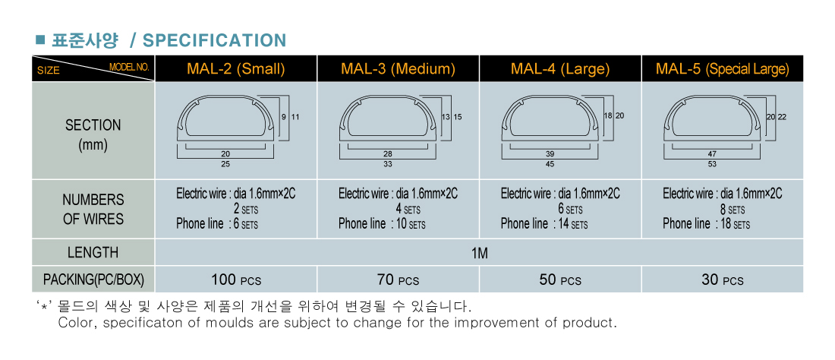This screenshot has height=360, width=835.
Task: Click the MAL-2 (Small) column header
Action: tap(236, 68)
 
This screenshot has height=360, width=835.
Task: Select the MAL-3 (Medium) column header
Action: tap(399, 68)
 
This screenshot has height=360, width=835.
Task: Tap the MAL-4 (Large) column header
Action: tap(560, 68)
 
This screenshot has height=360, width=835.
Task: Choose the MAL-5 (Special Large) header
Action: tap(723, 68)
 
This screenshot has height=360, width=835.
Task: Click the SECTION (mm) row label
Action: tap(93, 135)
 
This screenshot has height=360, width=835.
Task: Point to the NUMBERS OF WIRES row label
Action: tap(93, 210)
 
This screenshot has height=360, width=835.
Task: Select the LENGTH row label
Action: tap(93, 252)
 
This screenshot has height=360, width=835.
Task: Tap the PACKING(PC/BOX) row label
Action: tap(93, 279)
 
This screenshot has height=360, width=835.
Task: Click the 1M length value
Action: tap(479, 253)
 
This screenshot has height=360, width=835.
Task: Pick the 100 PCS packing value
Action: tap(236, 279)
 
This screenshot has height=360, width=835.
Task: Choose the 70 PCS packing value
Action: tap(399, 279)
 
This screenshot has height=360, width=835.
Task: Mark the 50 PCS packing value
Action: tap(560, 279)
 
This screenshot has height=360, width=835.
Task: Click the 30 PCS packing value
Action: tap(723, 279)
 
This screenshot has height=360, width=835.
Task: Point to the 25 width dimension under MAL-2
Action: tap(225, 164)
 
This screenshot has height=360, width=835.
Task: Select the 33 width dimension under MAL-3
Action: tap(388, 164)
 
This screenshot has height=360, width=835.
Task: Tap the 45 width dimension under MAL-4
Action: tap(550, 164)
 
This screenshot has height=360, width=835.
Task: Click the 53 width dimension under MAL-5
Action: tap(712, 164)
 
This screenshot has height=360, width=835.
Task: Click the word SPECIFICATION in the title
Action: tap(215, 40)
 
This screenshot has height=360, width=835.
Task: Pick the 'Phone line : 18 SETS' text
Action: tap(706, 224)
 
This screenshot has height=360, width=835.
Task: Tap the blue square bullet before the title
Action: tap(39, 39)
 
